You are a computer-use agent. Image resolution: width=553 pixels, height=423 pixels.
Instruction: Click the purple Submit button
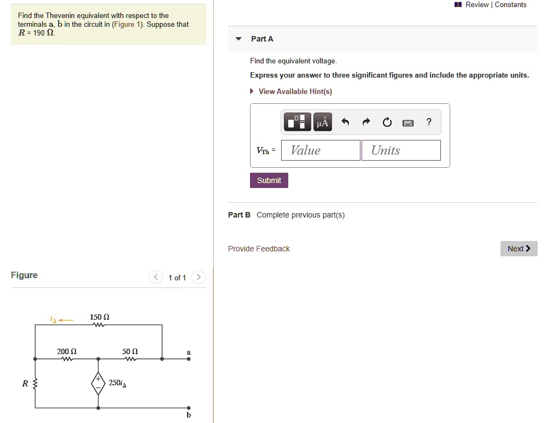coord(269,180)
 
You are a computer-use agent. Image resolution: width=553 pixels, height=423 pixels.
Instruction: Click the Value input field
coord(321,150)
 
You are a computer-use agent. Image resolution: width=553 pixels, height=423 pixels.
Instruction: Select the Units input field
coord(401,150)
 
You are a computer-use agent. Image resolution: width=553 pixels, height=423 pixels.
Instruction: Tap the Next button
coord(519,249)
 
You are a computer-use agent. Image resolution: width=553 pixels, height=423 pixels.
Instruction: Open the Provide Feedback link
coord(259,249)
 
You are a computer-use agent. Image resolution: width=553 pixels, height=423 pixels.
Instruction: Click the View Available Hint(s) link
coord(295,91)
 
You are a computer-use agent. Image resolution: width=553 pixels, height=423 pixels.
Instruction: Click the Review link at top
coord(476,5)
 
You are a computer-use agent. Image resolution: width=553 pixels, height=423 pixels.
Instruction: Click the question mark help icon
coord(429,122)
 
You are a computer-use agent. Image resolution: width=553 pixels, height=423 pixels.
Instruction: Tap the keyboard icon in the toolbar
coord(408,122)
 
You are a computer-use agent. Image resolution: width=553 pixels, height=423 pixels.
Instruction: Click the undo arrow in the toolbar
coord(345,122)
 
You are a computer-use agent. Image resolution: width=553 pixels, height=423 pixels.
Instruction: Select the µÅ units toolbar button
coord(323,122)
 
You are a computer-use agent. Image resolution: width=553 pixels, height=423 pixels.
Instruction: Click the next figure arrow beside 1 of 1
coord(199,278)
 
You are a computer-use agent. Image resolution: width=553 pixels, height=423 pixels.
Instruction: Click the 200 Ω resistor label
coord(67,351)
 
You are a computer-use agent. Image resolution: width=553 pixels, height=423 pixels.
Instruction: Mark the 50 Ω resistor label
coord(130,351)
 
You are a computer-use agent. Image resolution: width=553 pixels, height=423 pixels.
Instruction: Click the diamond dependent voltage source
coord(98,383)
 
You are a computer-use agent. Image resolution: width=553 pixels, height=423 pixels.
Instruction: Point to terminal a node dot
coord(189,359)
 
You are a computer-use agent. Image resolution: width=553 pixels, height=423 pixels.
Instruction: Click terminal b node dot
coord(189,408)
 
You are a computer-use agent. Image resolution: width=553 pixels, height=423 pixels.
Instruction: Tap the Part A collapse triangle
coord(238,39)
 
